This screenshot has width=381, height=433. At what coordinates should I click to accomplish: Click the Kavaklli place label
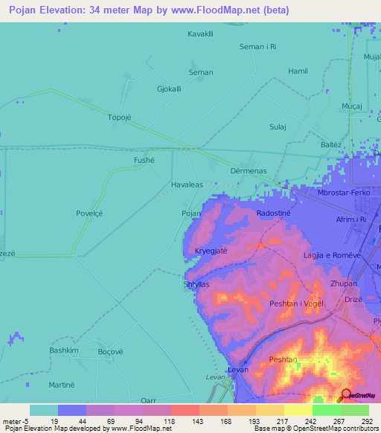tap(201, 34)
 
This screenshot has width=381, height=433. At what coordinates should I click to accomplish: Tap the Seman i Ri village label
tap(257, 47)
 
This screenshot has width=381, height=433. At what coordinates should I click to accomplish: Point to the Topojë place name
tap(120, 118)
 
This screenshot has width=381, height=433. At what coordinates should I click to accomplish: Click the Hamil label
tap(298, 71)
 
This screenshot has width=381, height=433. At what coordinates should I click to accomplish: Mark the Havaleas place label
tap(187, 185)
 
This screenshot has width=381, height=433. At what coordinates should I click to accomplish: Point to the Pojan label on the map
tap(191, 214)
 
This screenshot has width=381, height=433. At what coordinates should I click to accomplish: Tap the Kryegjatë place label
tap(211, 251)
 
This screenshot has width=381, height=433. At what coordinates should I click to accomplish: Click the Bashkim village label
tap(63, 350)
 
